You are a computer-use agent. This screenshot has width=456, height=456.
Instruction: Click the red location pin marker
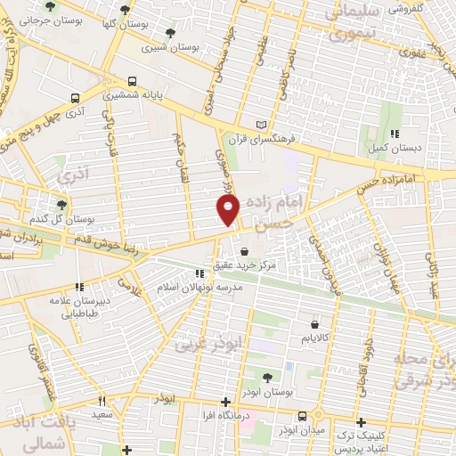tap(229, 209)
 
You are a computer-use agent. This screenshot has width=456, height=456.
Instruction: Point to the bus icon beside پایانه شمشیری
tap(131, 78)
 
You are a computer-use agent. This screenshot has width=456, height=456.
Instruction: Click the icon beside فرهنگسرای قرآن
tap(260, 123)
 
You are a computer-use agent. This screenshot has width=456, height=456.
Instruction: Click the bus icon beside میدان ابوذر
tap(304, 416)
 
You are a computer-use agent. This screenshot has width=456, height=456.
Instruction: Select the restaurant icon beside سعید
tap(101, 402)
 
